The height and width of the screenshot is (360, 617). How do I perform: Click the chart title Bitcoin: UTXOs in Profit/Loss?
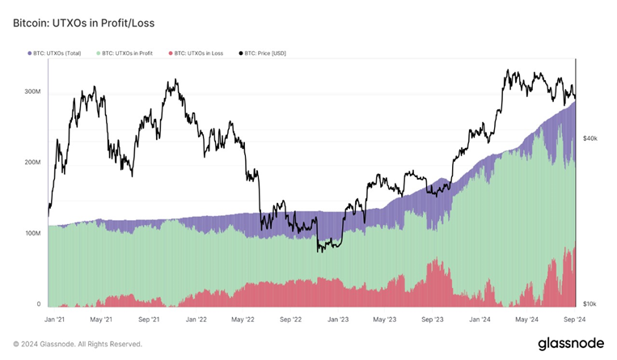[83, 23]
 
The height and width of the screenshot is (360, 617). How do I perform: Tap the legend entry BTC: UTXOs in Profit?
[126, 53]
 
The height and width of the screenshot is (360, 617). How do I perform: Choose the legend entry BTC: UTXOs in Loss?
[197, 53]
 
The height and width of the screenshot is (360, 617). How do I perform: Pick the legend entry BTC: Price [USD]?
[265, 53]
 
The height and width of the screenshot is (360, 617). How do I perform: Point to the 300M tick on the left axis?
[32, 92]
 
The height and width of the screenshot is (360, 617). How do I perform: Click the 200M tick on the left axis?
[32, 163]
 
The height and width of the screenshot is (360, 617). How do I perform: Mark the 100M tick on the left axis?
[32, 233]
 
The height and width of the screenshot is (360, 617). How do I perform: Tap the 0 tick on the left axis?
[38, 304]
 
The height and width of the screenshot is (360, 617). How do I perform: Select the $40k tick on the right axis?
[590, 139]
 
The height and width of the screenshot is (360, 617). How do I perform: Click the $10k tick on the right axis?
[590, 304]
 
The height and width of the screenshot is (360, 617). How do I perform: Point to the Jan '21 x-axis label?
[55, 320]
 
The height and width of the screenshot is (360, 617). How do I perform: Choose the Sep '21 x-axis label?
[149, 320]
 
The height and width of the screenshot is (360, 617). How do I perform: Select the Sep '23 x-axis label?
[433, 320]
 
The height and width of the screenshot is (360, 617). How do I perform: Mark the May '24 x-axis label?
[526, 320]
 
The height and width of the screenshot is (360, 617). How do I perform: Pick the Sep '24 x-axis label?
[573, 320]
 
